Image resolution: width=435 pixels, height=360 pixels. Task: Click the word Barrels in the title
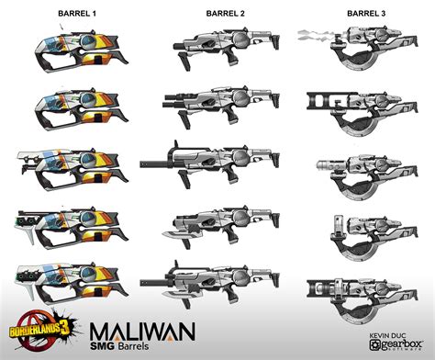point(154,346)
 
